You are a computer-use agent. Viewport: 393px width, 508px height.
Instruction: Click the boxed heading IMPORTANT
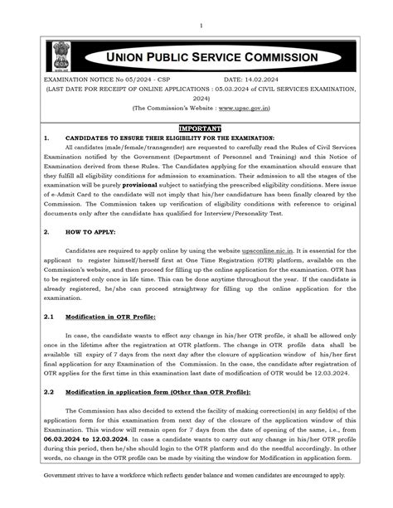pos(199,128)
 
